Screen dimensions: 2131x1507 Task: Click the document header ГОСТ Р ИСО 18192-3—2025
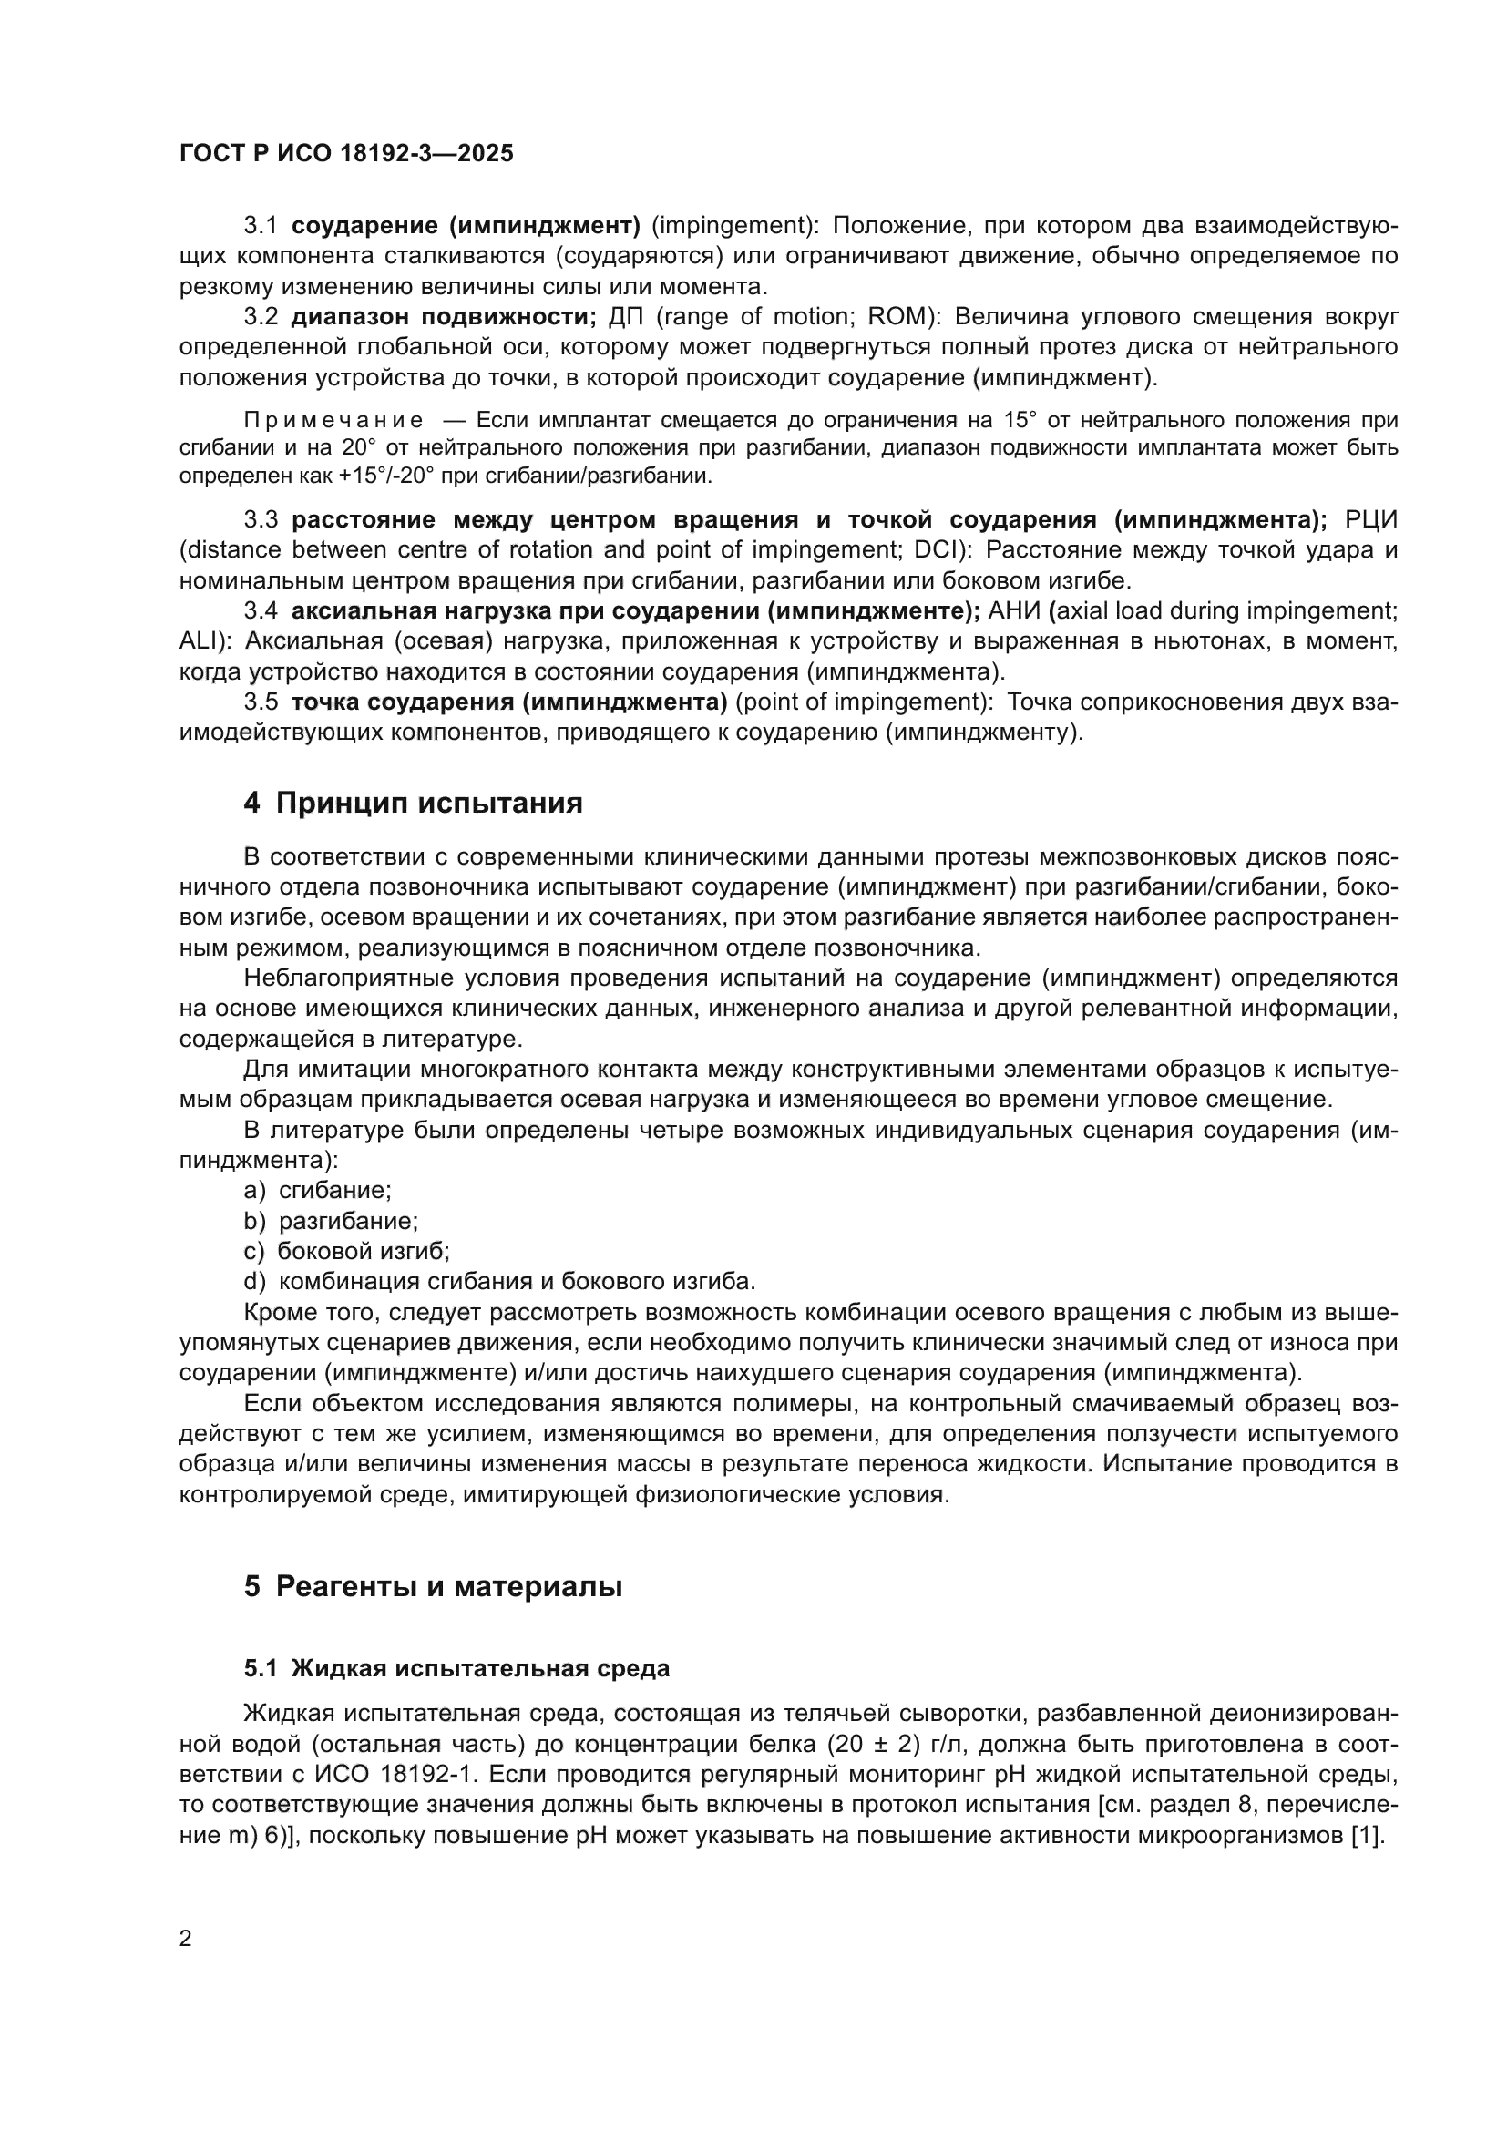click(346, 153)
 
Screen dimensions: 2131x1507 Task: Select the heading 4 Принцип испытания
click(413, 802)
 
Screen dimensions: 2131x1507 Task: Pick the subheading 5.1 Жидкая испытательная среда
click(456, 1668)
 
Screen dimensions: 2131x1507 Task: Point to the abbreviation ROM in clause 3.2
click(897, 316)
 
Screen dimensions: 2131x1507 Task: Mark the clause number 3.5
click(261, 702)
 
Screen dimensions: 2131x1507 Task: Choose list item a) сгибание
click(317, 1190)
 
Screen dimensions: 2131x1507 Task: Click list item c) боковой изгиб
click(346, 1251)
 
